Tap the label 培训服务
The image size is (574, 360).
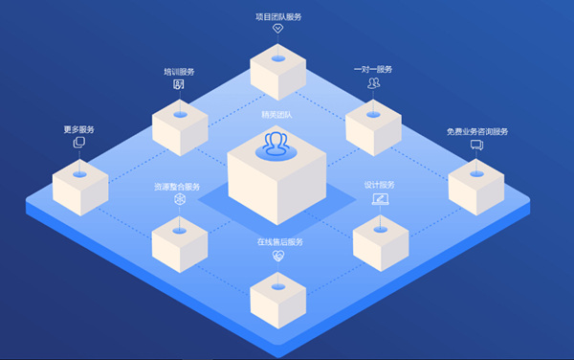pyautogui.click(x=178, y=71)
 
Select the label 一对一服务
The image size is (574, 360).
pyautogui.click(x=373, y=69)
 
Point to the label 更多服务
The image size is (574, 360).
pyautogui.click(x=79, y=129)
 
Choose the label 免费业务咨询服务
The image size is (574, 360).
pyautogui.click(x=476, y=131)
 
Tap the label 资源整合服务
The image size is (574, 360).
pyautogui.click(x=178, y=186)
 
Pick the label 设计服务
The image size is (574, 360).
pyautogui.click(x=379, y=185)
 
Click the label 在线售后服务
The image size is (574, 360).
pyautogui.click(x=278, y=242)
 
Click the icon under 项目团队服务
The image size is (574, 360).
pyautogui.click(x=278, y=29)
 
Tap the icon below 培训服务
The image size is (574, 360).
pyautogui.click(x=178, y=84)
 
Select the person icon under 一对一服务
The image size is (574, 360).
pyautogui.click(x=373, y=83)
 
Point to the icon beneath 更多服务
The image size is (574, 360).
pyautogui.click(x=79, y=143)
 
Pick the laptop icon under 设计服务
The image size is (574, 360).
pyautogui.click(x=379, y=199)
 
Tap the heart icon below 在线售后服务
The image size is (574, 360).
pyautogui.click(x=278, y=256)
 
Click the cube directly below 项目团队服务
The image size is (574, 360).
pyautogui.click(x=277, y=71)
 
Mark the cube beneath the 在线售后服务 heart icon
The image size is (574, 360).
pyautogui.click(x=277, y=298)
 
